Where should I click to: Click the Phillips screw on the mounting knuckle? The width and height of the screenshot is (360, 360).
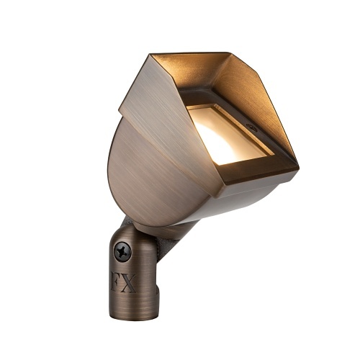coord(122,252)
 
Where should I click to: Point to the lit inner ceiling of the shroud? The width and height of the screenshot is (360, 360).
coord(209,72)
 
